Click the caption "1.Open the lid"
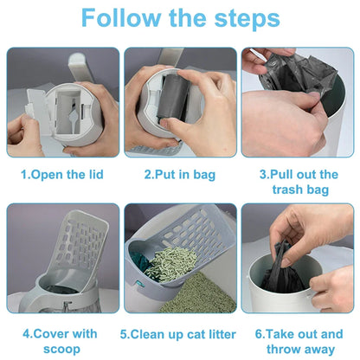61,175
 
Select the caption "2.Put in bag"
179,175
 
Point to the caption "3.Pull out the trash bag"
298,181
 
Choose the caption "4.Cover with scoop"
61,339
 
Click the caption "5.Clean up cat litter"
179,333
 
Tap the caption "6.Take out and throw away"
298,339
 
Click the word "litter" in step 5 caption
215,333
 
